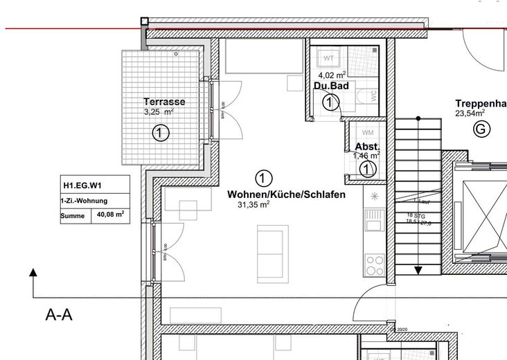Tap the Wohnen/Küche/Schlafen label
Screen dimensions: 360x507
coord(286,195)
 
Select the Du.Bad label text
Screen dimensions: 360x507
coord(331,86)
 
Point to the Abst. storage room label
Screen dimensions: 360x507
coord(367,147)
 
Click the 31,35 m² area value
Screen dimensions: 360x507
coord(254,205)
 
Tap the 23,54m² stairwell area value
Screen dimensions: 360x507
coord(470,113)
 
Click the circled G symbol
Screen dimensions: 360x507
coord(479,128)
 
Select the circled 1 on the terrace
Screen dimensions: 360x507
coord(160,132)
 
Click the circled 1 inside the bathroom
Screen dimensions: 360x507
coord(331,102)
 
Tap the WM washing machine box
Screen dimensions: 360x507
coord(368,132)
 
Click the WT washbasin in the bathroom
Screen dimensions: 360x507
coord(329,57)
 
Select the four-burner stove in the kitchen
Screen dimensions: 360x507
coord(375,264)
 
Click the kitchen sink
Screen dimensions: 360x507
coord(374,222)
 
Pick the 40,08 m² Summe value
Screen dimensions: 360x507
coord(109,215)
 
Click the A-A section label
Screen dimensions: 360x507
coord(59,316)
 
